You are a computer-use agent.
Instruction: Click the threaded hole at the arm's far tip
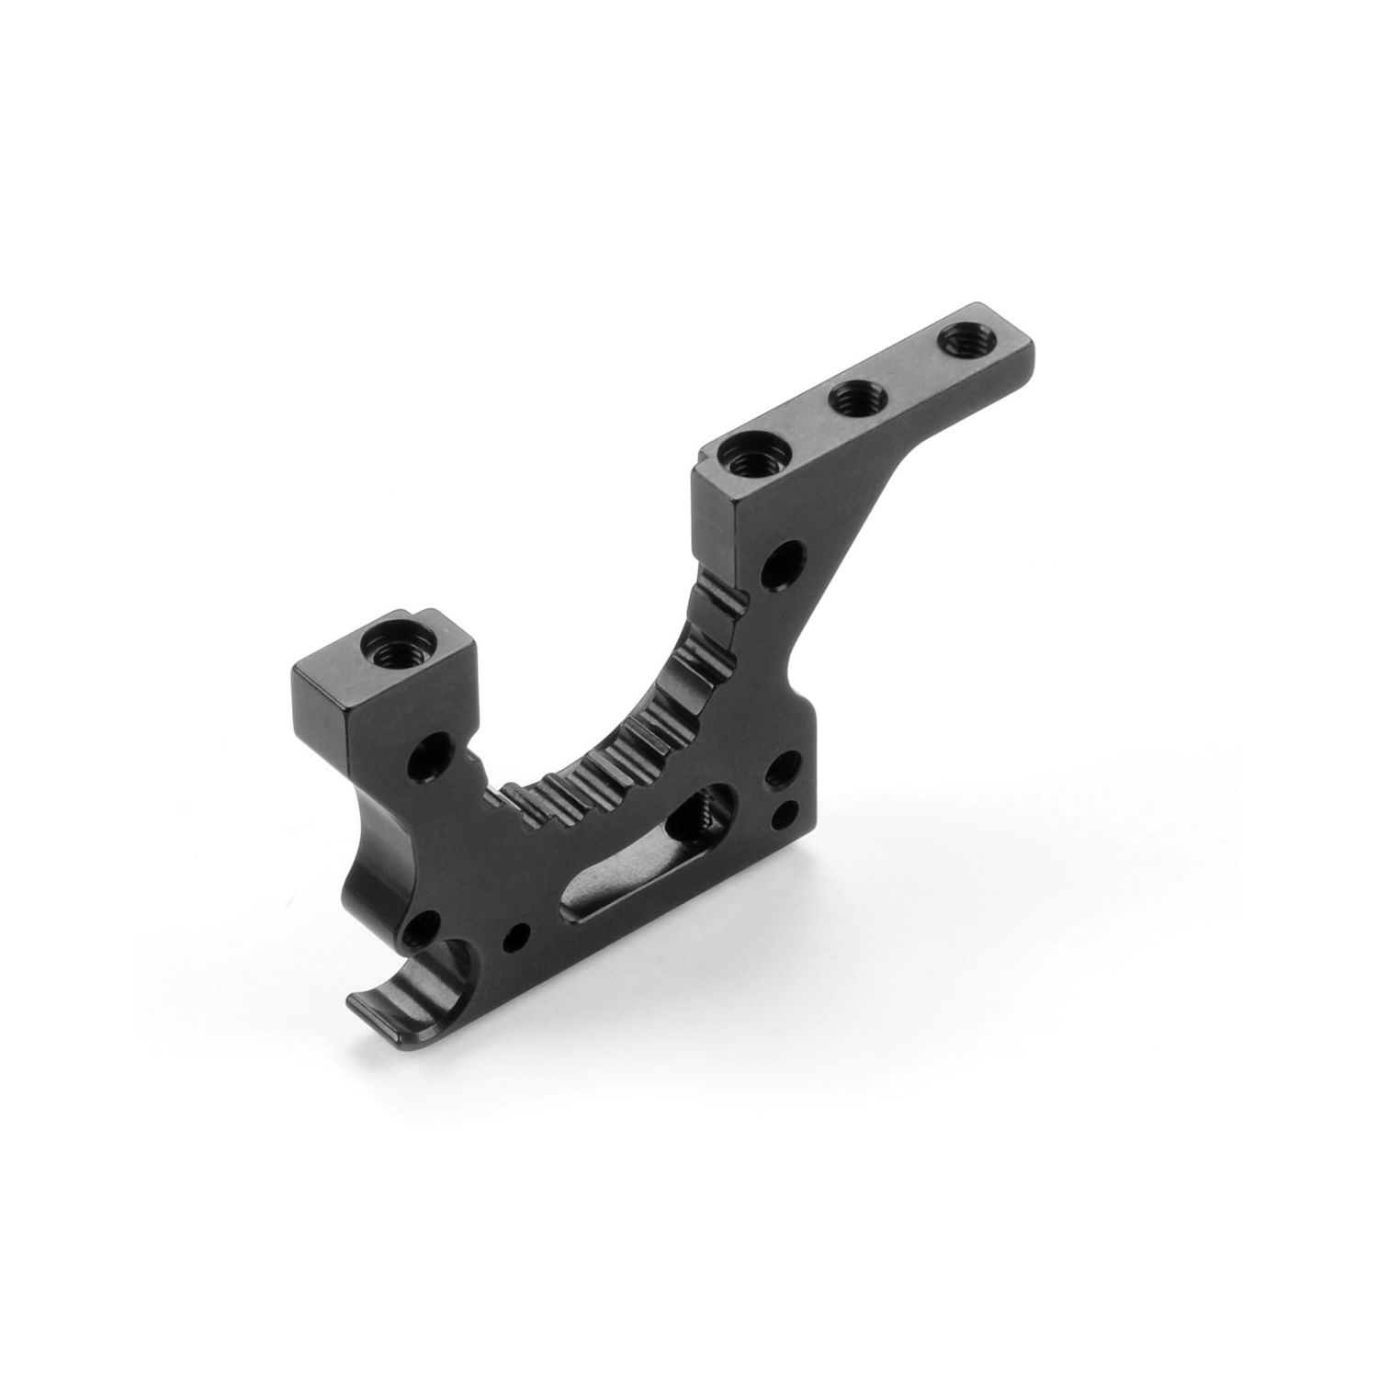coord(960,344)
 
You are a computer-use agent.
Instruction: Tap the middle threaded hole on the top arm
coord(852,400)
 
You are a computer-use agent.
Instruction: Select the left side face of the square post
coord(317,712)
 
